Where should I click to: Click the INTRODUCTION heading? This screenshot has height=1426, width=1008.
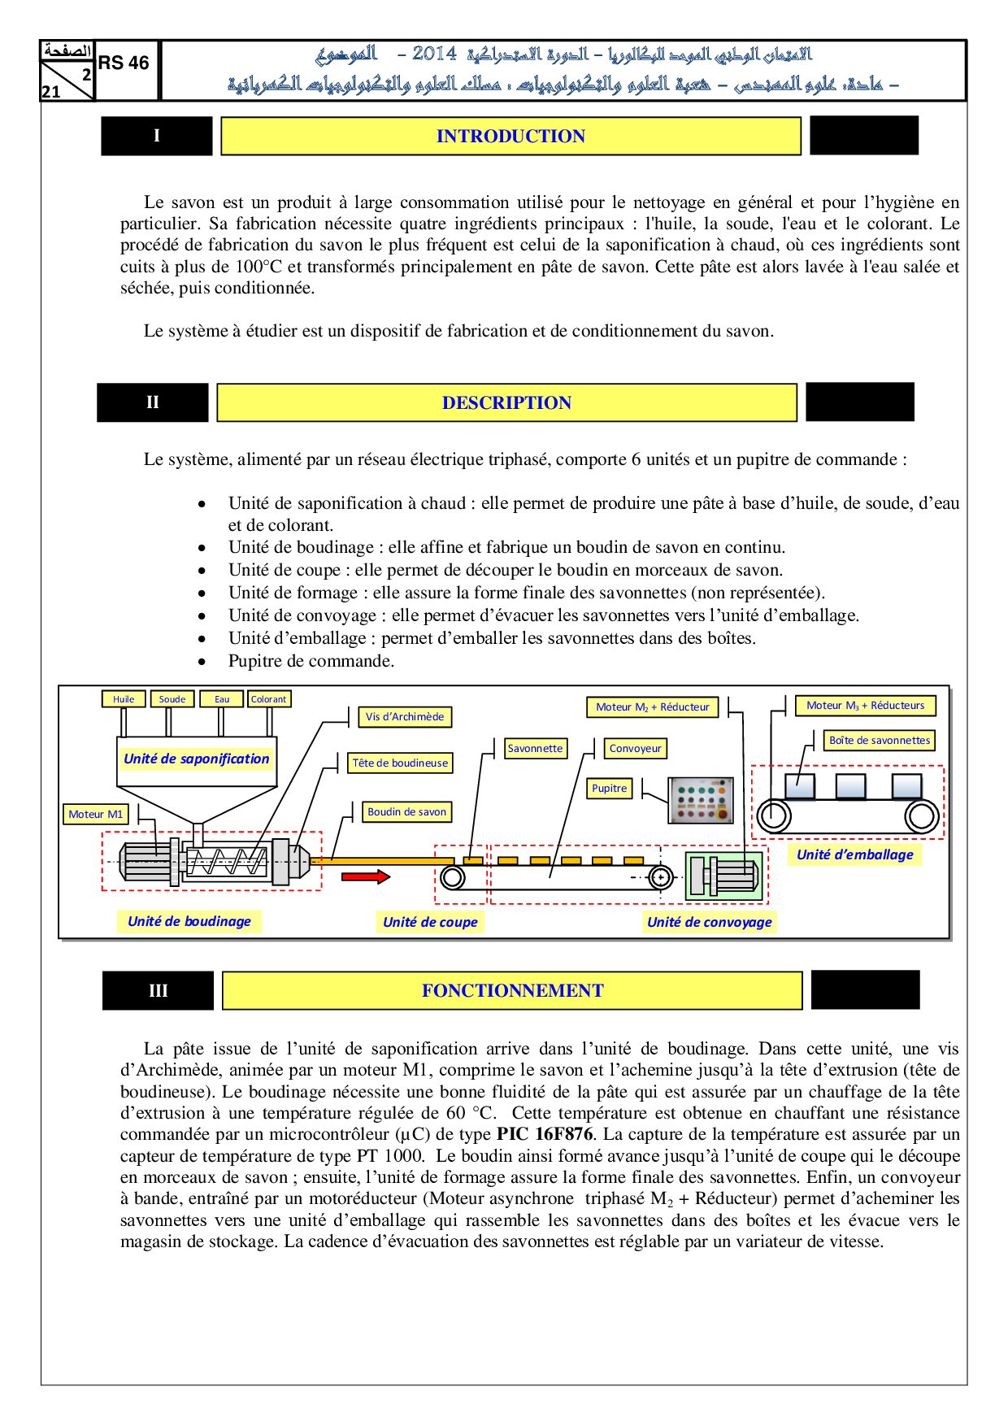(511, 137)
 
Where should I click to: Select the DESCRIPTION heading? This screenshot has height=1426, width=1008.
(506, 403)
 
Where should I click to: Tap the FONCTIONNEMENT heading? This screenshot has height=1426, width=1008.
(512, 991)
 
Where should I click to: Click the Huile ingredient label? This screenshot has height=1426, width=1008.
(124, 699)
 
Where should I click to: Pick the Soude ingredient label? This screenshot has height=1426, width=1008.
(172, 699)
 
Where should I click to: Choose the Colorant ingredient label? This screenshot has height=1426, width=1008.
(269, 699)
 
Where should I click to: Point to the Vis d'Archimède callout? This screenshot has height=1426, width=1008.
(405, 717)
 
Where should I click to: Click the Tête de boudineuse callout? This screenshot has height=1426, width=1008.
(400, 763)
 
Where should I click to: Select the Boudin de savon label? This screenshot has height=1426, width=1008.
(406, 812)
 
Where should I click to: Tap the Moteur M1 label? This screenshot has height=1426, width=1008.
(96, 815)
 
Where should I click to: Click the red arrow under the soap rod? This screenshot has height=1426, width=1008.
(365, 876)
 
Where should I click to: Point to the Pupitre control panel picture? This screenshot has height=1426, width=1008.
(702, 801)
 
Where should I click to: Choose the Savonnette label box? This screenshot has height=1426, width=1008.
(535, 749)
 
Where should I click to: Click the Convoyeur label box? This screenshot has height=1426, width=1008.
(636, 749)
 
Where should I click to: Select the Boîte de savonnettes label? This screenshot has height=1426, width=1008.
(880, 741)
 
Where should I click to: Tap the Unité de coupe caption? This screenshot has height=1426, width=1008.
(430, 922)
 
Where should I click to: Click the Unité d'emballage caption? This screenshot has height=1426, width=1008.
(854, 854)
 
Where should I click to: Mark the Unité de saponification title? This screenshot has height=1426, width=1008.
(197, 759)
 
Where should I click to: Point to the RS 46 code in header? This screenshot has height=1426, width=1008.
(124, 63)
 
